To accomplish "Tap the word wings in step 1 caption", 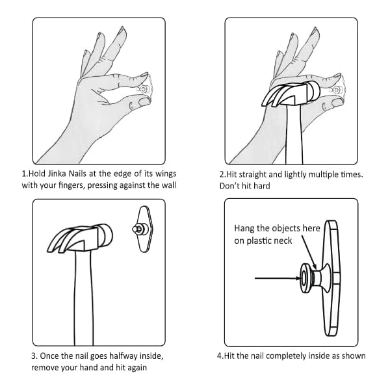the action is coord(166,174).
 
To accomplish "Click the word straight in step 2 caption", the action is coord(252,175).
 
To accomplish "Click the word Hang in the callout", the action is coord(244,228).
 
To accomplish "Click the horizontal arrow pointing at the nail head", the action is coord(278,278).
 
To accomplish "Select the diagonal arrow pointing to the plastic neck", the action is coord(309,252).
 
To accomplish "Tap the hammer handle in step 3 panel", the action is coord(84,298).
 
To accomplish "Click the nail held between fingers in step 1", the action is coord(144,89).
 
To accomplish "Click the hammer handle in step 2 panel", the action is coord(294,135).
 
